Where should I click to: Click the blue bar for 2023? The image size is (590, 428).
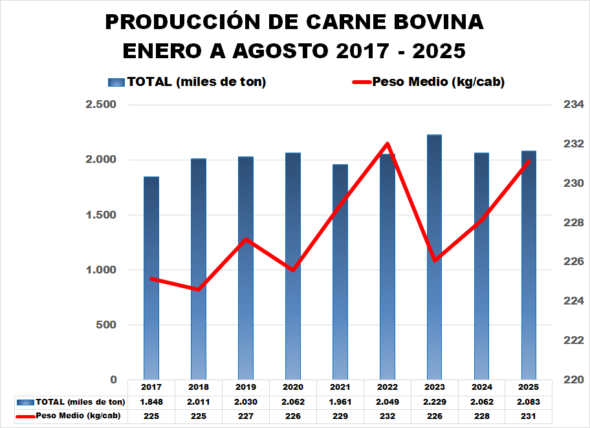click(435, 259)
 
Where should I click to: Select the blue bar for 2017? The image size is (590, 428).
click(151, 278)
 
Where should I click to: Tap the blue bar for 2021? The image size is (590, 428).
click(340, 272)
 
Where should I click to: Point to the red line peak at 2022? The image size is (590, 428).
click(388, 144)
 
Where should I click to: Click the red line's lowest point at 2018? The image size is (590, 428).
click(199, 289)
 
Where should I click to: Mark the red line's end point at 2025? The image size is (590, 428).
click(529, 161)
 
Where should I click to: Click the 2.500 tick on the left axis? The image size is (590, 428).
click(100, 105)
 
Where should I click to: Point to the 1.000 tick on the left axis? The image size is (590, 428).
click(100, 270)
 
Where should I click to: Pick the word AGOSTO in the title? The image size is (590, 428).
click(277, 50)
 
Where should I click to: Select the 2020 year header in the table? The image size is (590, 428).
click(293, 387)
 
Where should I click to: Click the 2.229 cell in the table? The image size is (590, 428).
click(435, 401)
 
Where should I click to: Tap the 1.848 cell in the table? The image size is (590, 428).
click(151, 401)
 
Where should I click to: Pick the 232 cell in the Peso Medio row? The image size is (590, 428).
click(388, 416)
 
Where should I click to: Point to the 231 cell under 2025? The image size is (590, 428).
click(529, 416)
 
